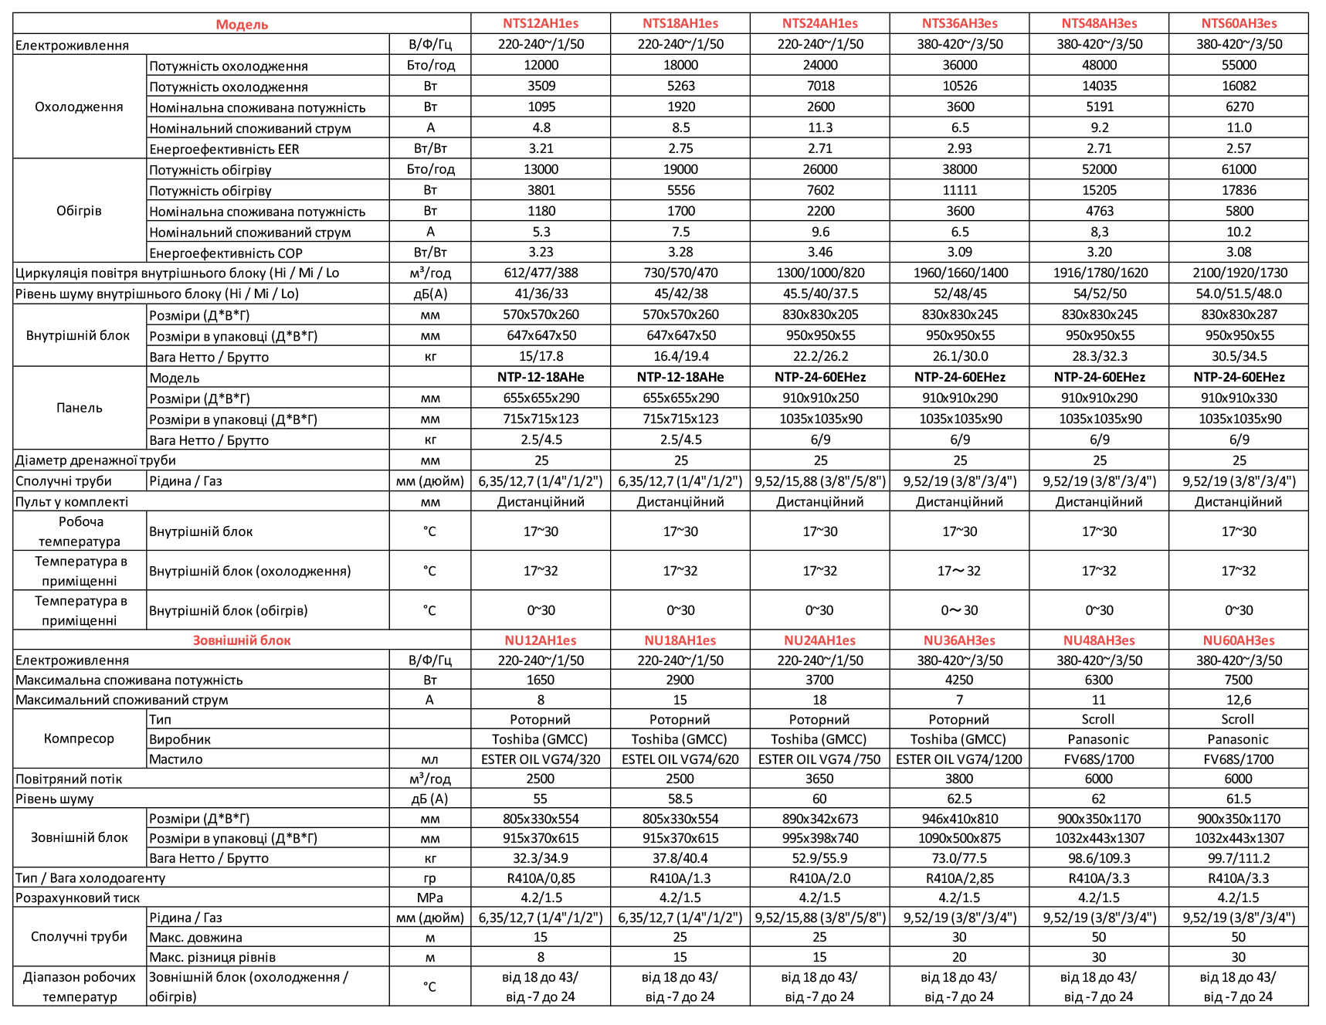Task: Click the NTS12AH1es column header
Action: (541, 24)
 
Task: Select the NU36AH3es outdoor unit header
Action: (959, 640)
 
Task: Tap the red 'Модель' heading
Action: (242, 25)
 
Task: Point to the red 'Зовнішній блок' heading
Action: (242, 640)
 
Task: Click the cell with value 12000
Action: (541, 66)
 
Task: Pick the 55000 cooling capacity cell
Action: (1239, 66)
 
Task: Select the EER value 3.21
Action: (541, 148)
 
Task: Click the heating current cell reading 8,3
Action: (1099, 232)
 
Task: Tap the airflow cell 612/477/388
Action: (541, 273)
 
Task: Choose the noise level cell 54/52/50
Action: (1099, 294)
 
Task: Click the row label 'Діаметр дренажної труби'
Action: (96, 460)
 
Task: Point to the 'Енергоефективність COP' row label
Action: (226, 253)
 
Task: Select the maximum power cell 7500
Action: (1238, 680)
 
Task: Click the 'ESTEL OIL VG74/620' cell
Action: (680, 759)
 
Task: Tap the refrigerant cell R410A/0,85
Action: (541, 878)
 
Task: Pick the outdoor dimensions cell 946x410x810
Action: (959, 819)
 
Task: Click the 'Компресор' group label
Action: (79, 738)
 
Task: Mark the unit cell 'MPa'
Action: (429, 898)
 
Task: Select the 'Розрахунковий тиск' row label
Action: (77, 898)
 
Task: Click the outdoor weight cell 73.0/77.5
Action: (959, 858)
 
